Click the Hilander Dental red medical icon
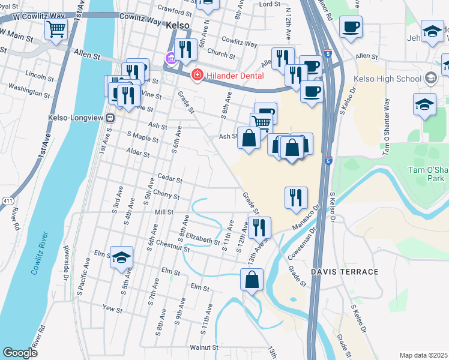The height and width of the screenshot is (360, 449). (x=196, y=75)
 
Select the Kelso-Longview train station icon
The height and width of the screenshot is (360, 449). (x=110, y=118)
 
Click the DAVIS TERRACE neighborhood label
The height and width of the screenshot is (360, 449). (x=345, y=272)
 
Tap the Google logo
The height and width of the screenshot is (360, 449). (x=19, y=353)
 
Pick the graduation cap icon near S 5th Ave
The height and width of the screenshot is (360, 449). (x=122, y=257)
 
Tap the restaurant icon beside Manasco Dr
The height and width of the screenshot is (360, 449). (x=295, y=197)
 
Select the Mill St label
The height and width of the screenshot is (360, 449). (x=163, y=212)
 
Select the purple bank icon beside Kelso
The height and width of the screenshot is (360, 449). (x=170, y=59)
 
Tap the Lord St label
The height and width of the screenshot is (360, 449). (x=270, y=4)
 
